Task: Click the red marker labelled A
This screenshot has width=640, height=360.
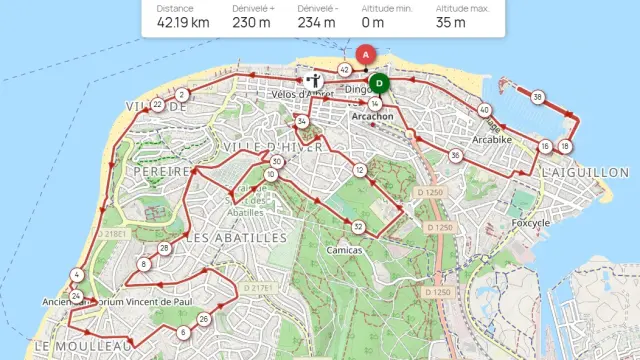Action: click(365, 54)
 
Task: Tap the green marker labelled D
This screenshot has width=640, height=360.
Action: click(378, 83)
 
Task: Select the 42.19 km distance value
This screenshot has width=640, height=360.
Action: click(182, 22)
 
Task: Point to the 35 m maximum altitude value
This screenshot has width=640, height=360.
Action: click(452, 22)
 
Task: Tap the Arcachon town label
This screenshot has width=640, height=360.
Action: click(374, 116)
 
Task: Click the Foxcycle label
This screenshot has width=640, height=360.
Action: click(530, 222)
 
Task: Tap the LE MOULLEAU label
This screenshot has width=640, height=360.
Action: click(84, 345)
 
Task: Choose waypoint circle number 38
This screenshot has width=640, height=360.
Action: click(538, 97)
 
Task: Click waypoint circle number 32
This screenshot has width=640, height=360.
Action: click(358, 226)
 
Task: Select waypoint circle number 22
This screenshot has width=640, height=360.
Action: click(157, 104)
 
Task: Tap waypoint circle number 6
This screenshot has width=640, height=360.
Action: click(183, 332)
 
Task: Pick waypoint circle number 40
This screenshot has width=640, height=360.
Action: click(484, 110)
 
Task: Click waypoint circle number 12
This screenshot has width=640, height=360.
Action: click(359, 170)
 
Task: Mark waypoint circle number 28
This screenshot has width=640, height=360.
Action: click(164, 248)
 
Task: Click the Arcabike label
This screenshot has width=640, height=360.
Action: click(492, 140)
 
